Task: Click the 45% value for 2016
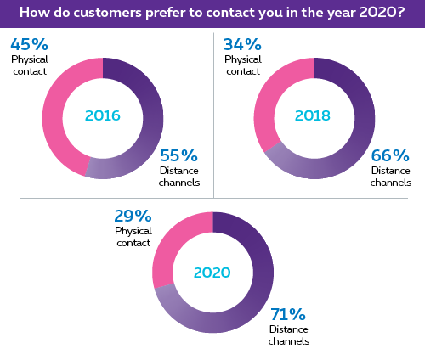(29, 44)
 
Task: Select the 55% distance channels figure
(178, 155)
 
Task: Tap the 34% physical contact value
(242, 44)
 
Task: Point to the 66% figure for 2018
(390, 155)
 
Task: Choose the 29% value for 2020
(133, 216)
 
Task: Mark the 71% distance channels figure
(288, 314)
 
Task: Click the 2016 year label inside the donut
(103, 115)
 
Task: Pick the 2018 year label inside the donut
(313, 115)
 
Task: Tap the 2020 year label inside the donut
(212, 273)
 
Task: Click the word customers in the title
(108, 13)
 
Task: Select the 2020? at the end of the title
(382, 13)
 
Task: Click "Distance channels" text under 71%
(289, 335)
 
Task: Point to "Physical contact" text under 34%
(243, 65)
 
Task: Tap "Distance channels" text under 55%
(179, 177)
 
